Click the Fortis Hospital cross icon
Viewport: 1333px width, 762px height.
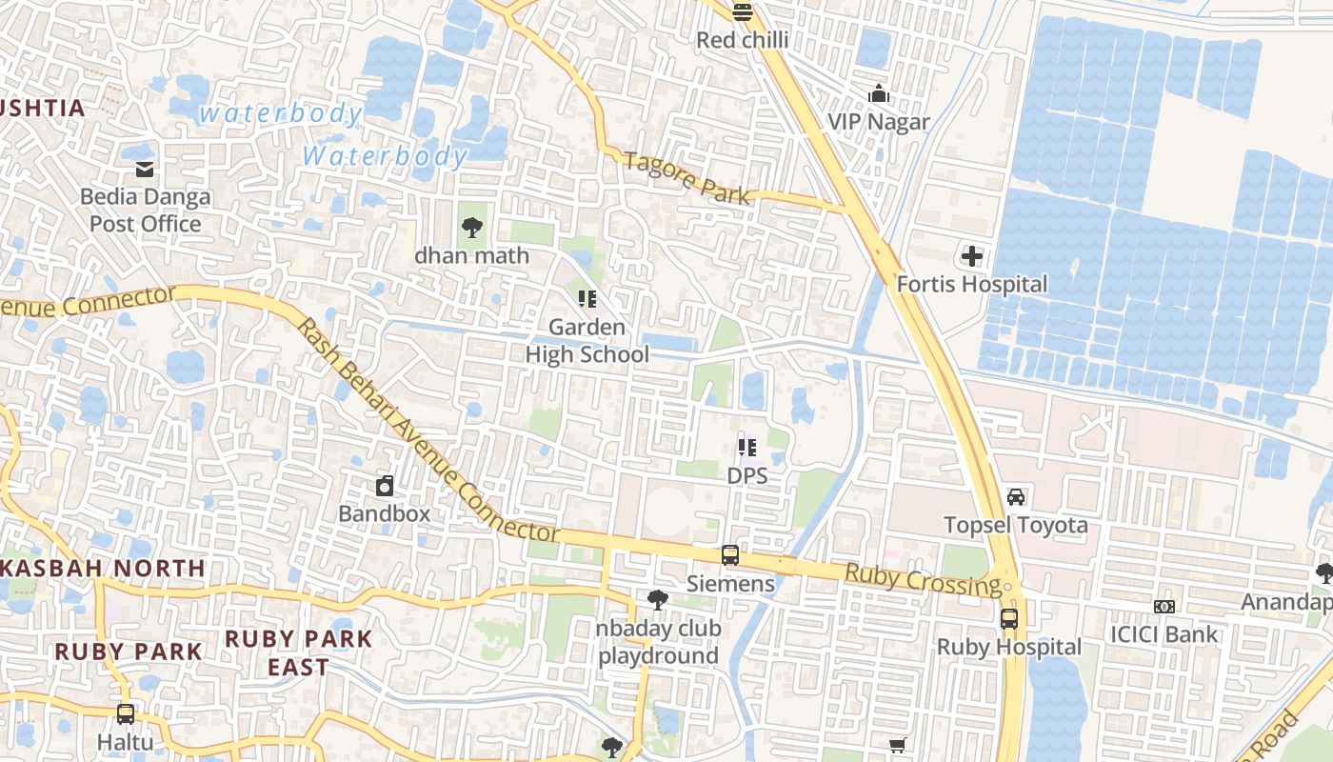[971, 256]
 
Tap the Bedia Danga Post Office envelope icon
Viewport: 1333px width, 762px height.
[145, 170]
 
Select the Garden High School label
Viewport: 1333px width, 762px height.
[587, 341]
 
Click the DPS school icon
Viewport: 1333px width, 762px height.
[747, 447]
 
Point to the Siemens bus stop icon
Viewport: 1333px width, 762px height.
[730, 555]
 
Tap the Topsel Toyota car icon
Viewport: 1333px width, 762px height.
[1016, 497]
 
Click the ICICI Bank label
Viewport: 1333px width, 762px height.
[1164, 634]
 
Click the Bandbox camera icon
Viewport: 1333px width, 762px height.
[385, 486]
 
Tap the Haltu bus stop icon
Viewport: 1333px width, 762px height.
[125, 713]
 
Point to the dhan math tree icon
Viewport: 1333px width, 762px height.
[471, 228]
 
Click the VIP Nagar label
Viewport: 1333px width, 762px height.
[878, 122]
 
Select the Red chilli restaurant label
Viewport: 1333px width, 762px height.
[743, 40]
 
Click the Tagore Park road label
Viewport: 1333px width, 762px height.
[687, 178]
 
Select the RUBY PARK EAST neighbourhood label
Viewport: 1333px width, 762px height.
[298, 652]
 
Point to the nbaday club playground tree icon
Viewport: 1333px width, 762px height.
[657, 600]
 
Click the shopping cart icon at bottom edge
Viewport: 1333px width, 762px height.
[897, 745]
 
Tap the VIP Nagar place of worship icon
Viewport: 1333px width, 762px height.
[879, 93]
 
